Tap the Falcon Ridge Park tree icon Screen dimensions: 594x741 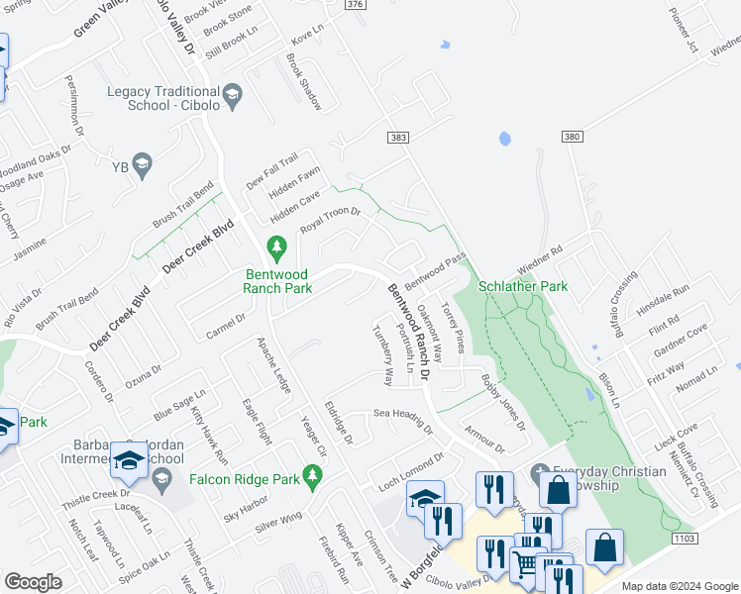click(x=313, y=480)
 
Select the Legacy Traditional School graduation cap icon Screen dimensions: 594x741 click(x=233, y=95)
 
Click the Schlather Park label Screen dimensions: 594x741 click(x=522, y=286)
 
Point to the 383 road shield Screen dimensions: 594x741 click(x=398, y=138)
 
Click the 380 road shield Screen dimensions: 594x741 click(x=572, y=136)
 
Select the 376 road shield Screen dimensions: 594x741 click(x=355, y=5)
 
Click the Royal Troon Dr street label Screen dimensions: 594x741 click(x=330, y=220)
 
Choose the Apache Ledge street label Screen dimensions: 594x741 click(x=273, y=365)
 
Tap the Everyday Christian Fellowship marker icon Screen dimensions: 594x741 click(x=540, y=472)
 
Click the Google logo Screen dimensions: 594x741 click(x=33, y=582)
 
